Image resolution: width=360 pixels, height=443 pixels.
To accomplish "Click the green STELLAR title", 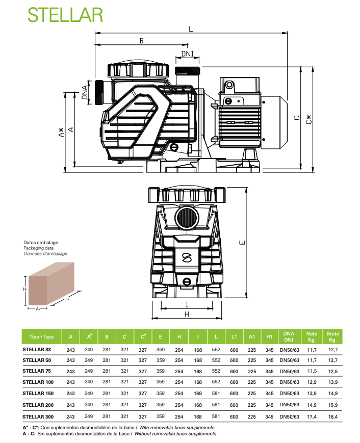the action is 65,15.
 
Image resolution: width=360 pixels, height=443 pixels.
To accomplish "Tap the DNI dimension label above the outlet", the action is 187,54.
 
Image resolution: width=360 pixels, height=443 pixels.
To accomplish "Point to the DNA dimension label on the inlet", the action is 85,92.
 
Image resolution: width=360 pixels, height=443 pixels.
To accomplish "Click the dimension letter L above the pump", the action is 191,29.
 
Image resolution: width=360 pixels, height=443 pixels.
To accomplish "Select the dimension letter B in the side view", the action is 141,41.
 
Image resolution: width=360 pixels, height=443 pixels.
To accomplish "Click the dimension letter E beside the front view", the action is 242,243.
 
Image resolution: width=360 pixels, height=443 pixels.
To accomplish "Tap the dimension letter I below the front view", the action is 187,304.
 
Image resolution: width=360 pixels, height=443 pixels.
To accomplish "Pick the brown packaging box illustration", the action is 52,283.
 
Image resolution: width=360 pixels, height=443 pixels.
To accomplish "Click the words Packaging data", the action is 38,248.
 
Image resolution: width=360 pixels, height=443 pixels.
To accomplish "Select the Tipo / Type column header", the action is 41,336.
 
